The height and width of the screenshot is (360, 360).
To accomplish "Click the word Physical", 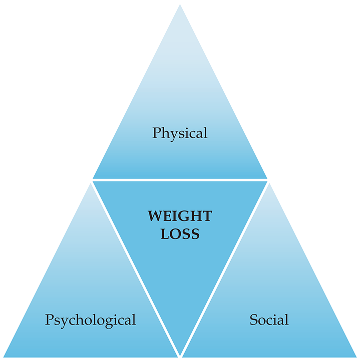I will click(180, 133).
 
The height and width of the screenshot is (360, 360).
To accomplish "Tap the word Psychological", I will click(90, 319).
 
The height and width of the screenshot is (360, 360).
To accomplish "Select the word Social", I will click(269, 319).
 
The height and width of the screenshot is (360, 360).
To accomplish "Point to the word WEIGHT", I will click(180, 216).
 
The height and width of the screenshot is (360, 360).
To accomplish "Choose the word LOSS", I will click(180, 233).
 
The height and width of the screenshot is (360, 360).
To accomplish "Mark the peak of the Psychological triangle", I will click(91, 184).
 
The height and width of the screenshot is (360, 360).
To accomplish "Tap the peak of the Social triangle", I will click(269, 184).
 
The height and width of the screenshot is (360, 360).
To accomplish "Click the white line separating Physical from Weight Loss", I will click(180, 179).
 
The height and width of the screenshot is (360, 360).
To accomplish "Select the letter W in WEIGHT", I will click(155, 216).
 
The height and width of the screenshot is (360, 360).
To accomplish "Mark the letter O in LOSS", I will click(175, 233).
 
